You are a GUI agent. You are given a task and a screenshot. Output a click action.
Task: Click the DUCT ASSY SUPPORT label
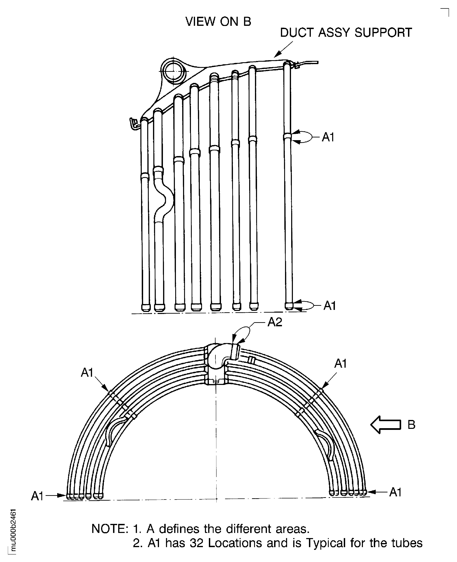point(346,33)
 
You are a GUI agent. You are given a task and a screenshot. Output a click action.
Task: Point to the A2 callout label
point(275,322)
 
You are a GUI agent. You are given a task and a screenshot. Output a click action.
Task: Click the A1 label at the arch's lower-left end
point(37,496)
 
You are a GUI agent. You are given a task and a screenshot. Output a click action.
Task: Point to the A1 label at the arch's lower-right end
point(395,492)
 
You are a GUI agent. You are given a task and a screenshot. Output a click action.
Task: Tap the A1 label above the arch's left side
point(87,373)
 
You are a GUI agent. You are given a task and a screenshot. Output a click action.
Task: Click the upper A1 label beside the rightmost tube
point(328,137)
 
